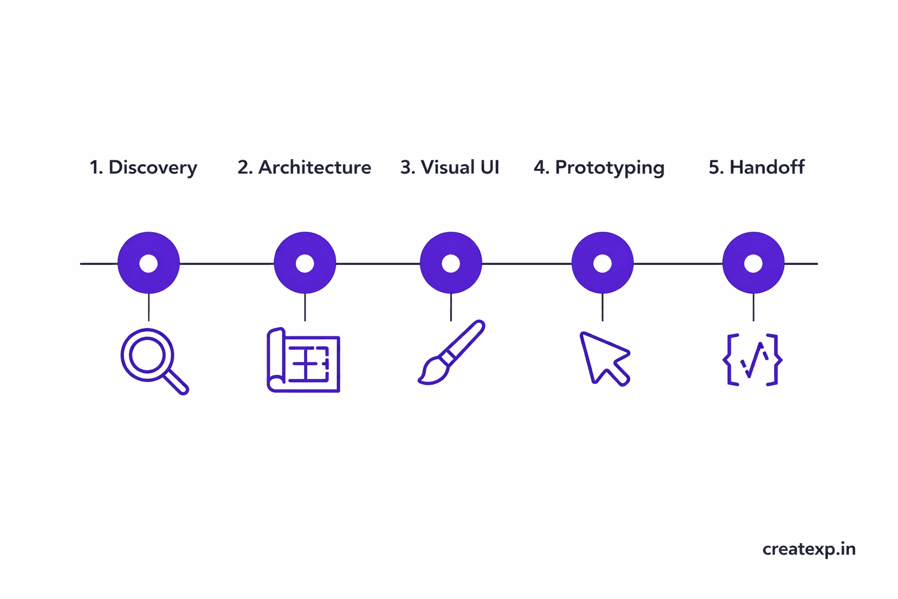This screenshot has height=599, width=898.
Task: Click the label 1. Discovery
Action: pos(143,168)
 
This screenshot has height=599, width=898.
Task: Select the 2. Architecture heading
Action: pos(304,168)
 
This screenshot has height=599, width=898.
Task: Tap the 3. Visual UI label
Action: pos(450,168)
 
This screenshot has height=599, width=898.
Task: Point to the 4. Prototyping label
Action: pos(599,168)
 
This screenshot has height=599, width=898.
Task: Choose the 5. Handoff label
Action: pos(757,168)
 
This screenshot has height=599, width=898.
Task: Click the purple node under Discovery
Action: pos(148,263)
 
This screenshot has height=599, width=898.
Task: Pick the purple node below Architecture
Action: pos(305,263)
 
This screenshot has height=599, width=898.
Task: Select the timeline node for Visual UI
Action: pos(451,263)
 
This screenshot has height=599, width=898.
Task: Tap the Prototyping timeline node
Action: pos(602,263)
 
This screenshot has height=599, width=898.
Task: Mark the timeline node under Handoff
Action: pos(753,263)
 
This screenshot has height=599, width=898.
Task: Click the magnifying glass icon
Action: pos(153,360)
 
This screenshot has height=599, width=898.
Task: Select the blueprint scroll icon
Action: pos(303,360)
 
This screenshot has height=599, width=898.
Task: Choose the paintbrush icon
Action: pos(451,352)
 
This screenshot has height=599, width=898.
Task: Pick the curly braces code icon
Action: pos(753,360)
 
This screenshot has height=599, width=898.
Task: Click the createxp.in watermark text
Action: pos(809,549)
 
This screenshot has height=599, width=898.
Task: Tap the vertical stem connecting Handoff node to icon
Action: pos(753,307)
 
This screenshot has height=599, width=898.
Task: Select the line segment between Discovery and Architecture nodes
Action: pos(227,264)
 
